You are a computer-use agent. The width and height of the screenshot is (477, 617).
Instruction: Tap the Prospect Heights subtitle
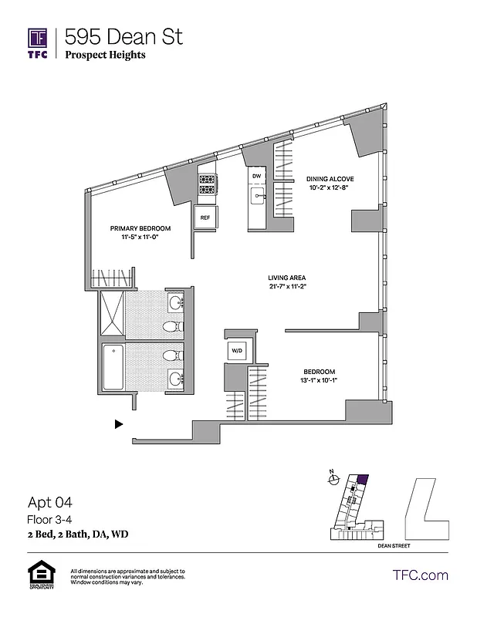tap(105, 55)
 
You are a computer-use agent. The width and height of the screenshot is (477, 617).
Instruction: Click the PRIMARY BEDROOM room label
tap(140, 228)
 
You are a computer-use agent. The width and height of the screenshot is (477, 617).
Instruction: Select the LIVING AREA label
tap(287, 278)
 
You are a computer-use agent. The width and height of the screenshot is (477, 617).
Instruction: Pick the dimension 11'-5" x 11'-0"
tap(140, 239)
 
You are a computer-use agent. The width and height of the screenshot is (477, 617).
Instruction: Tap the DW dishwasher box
tap(256, 177)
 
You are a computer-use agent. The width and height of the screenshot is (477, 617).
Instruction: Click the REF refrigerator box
tap(205, 217)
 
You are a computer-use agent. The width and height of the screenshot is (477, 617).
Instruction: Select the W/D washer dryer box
tap(235, 352)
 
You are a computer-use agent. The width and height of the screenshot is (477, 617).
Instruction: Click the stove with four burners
tap(207, 186)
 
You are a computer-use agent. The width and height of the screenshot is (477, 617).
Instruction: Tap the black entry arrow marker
tap(118, 423)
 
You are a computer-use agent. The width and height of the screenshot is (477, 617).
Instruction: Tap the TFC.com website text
tap(421, 575)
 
